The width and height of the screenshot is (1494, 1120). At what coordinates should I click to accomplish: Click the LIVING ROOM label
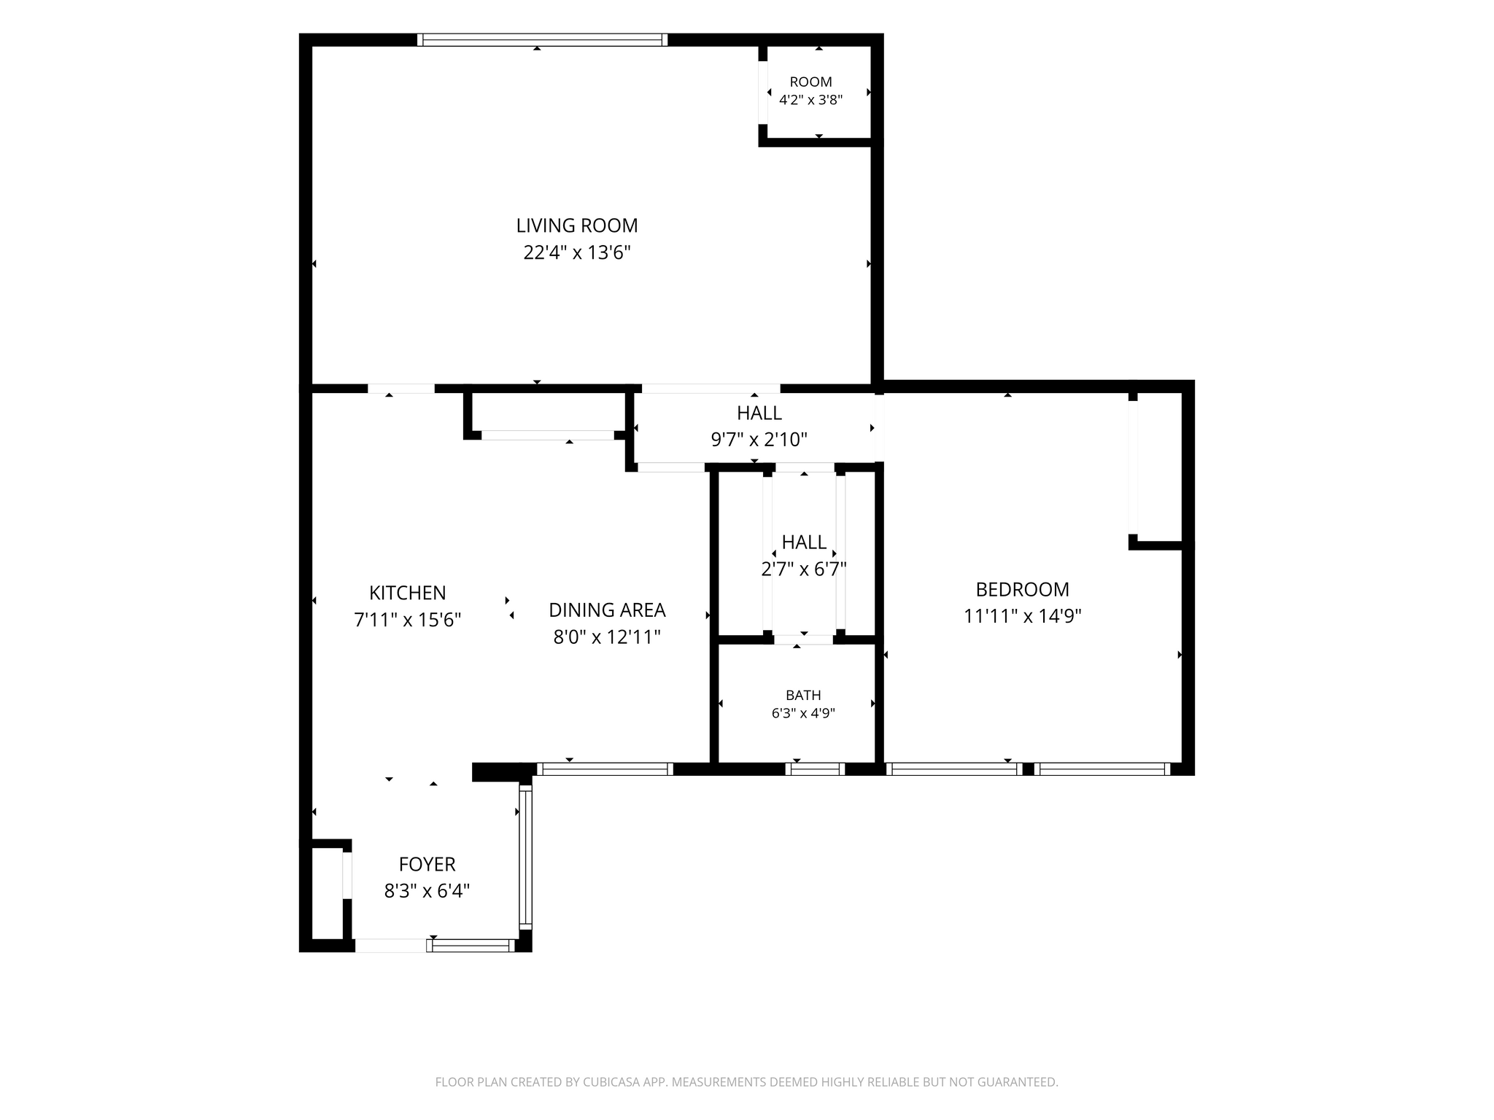coord(577,225)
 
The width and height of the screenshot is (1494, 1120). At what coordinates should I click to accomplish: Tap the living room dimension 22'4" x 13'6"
coord(577,253)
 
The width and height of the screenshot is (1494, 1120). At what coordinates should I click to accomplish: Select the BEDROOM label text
coord(1023,589)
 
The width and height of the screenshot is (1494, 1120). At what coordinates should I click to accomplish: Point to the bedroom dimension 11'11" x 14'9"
coord(1023,616)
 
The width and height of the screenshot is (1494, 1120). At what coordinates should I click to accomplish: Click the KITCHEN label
coord(408,593)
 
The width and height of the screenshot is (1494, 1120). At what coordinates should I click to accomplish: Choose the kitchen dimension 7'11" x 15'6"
coord(408,620)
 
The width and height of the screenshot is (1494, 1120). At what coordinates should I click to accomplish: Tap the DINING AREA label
coord(607,610)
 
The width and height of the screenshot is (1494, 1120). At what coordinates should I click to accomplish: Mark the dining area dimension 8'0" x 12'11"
coord(607,637)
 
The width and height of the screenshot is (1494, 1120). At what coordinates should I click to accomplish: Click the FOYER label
coord(427,864)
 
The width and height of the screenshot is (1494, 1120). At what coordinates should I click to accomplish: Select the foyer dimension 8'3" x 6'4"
coord(427,891)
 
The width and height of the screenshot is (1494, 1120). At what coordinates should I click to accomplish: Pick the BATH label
coord(803,696)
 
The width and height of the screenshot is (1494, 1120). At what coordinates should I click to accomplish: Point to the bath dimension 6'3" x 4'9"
coord(803,713)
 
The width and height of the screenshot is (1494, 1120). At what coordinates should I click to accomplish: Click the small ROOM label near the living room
coord(811,82)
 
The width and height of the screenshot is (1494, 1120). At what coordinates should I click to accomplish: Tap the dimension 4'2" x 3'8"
coord(811,100)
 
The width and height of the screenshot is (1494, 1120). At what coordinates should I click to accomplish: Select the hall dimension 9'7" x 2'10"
coord(759,440)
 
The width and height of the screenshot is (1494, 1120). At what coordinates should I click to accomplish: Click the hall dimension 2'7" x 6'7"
coord(804,569)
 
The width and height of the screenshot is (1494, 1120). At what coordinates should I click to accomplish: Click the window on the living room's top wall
coord(542,40)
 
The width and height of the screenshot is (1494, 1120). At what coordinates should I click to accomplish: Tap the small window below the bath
coord(815,769)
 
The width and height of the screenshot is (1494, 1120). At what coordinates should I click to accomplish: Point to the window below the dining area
coord(605,769)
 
